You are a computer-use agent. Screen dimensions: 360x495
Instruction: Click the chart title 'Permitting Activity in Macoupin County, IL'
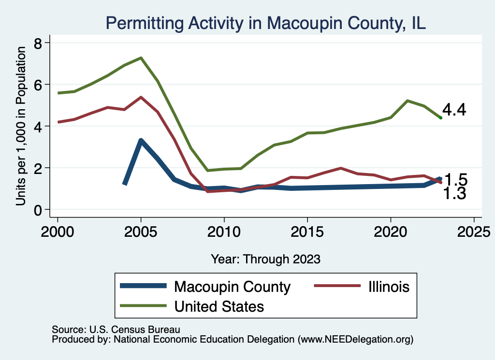coord(265,23)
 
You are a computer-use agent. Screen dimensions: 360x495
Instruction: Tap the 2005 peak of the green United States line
coord(141,58)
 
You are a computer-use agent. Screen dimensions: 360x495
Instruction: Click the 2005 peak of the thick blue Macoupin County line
coord(141,141)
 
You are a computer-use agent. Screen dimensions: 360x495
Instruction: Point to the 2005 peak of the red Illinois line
coord(141,97)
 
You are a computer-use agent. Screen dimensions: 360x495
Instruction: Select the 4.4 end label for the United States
coord(454,110)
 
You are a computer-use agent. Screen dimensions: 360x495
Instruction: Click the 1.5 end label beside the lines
coord(455,180)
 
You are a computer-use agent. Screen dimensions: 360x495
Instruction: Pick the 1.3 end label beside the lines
coord(454,194)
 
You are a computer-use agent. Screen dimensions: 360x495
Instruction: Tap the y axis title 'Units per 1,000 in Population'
coord(21,126)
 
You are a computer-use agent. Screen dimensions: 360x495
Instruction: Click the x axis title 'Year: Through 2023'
coord(265,259)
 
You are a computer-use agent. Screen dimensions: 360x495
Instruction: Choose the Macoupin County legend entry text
coord(233,287)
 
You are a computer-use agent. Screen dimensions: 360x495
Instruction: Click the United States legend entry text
coord(219,306)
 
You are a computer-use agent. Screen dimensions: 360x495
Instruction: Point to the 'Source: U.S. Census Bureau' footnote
coord(116,330)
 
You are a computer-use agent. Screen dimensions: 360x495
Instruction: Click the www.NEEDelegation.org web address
coord(356,339)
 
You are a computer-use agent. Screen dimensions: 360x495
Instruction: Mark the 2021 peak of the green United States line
coord(408,101)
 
